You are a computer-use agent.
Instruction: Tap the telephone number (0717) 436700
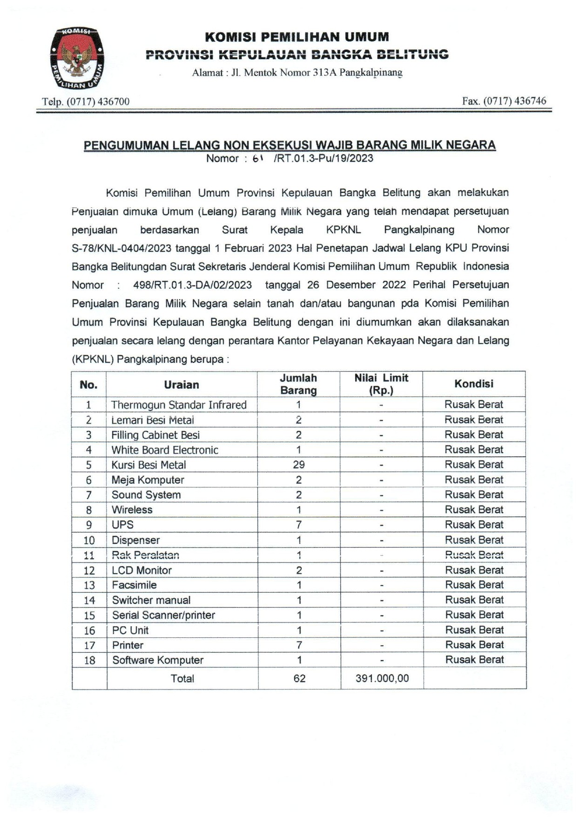pos(86,101)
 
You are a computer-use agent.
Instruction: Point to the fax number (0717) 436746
pos(504,101)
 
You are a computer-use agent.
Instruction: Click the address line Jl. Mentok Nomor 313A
pos(297,73)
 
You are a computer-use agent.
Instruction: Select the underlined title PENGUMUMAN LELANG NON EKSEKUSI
pos(289,145)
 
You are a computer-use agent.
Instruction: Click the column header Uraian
pos(182,385)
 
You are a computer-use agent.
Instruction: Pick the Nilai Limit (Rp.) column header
pos(381,384)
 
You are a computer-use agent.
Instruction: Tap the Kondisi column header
pos(473,384)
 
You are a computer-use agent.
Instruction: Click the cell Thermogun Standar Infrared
pos(179,405)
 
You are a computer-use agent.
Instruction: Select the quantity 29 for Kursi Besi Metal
pos(298,465)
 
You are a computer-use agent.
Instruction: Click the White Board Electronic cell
pos(165,450)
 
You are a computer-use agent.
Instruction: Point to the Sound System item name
pos(146,495)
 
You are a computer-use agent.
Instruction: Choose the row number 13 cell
pos(89,585)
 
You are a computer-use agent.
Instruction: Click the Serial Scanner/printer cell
pos(163,615)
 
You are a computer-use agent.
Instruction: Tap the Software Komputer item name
pos(158,660)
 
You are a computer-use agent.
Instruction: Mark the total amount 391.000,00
pos(382,678)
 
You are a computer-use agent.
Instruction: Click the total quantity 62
pos(299,678)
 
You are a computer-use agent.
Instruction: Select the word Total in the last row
pos(182,678)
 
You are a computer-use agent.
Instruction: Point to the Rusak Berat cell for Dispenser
pos(474,540)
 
